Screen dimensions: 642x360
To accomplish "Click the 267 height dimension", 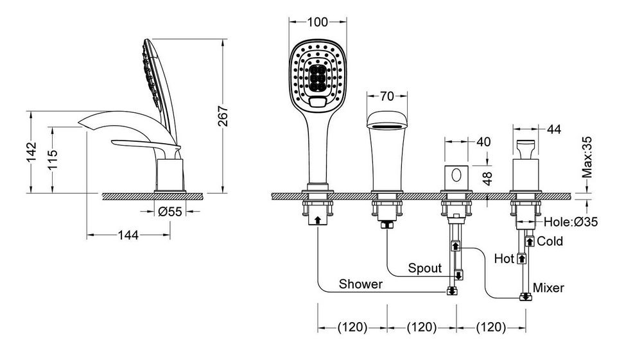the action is [x=223, y=116].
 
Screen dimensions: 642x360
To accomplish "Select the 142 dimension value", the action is [x=31, y=152].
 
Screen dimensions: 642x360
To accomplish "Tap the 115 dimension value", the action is [x=53, y=160].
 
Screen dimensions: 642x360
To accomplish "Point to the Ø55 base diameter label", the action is [x=170, y=212].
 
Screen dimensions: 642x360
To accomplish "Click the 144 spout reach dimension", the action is [x=128, y=235].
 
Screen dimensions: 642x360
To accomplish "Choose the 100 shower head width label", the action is [x=317, y=22].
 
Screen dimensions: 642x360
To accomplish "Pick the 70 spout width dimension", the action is [x=387, y=96].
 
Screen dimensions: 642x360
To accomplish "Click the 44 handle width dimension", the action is [x=554, y=129].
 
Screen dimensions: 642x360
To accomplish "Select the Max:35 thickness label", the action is [x=587, y=157].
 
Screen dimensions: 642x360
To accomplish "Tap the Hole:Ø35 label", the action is [x=571, y=222].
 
